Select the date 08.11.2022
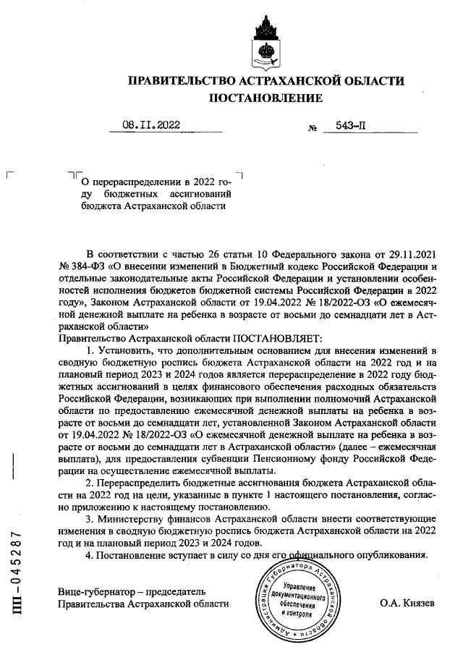pyautogui.click(x=151, y=125)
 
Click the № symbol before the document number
pyautogui.click(x=313, y=129)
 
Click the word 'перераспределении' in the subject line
pyautogui.click(x=135, y=180)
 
